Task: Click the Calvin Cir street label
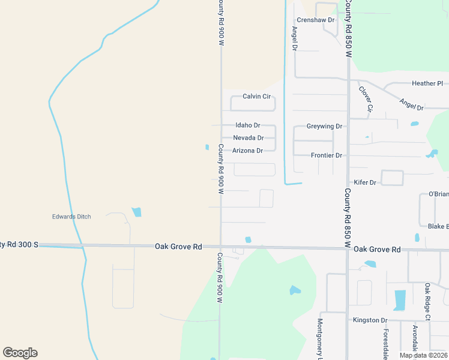coord(257,96)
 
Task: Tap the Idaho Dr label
coord(247,125)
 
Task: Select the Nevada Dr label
coord(248,138)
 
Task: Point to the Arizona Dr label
coord(247,151)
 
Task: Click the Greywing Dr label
coord(324,127)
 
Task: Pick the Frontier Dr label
coord(327,155)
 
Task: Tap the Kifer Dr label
coord(365,182)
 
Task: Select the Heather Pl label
coord(427,83)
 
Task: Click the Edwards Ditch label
coord(71,217)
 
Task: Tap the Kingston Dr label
coord(370,320)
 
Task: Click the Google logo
coord(20,353)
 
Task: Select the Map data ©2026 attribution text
coord(423,355)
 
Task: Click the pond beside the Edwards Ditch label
coord(137,212)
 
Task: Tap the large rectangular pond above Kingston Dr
coord(400,300)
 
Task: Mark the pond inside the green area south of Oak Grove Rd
coord(295,290)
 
